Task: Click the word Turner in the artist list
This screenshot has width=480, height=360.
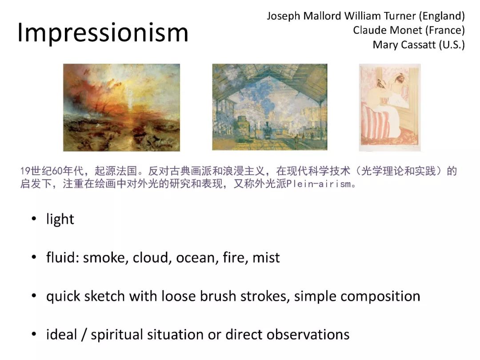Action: tap(400, 16)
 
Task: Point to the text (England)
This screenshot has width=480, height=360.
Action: tap(442, 16)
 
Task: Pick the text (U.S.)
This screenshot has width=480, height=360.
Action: tap(452, 45)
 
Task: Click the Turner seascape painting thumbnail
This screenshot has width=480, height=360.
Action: tap(121, 108)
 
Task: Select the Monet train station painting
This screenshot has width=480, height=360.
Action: tap(270, 107)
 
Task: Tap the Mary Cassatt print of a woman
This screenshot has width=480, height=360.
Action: tap(390, 108)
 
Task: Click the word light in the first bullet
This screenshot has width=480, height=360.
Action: tap(60, 219)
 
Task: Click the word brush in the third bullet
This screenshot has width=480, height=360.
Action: tap(218, 296)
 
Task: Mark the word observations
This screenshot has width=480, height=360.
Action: tap(308, 335)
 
